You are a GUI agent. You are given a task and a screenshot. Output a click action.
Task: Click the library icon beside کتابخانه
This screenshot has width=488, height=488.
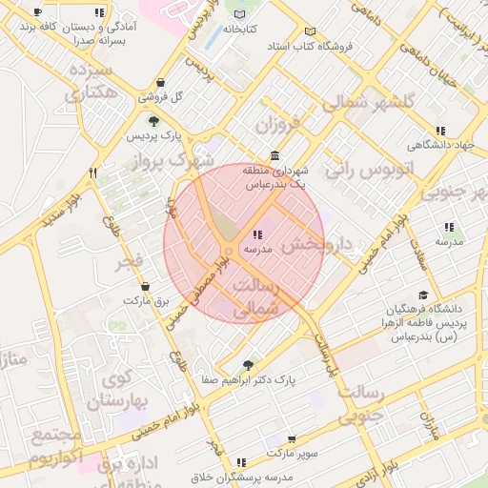click(239, 15)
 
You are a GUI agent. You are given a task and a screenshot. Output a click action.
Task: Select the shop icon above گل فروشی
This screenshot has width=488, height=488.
click(161, 82)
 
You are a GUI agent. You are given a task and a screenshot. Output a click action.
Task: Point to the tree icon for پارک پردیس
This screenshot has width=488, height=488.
click(153, 121)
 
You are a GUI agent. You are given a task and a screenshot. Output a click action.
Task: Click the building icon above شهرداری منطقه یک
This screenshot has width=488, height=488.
click(274, 156)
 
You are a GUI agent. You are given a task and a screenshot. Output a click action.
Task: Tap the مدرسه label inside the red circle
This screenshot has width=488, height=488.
click(258, 249)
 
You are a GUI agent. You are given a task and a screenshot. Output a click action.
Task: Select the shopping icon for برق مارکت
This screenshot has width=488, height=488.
click(145, 286)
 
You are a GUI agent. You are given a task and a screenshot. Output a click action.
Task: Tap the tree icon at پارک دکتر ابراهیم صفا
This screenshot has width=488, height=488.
click(249, 364)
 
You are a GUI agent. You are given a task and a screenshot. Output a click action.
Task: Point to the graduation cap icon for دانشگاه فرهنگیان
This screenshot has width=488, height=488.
click(423, 295)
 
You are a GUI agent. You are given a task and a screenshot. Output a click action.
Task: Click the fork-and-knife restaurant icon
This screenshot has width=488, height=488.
click(92, 173)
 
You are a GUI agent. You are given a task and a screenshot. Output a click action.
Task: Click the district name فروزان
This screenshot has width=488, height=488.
click(276, 124)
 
